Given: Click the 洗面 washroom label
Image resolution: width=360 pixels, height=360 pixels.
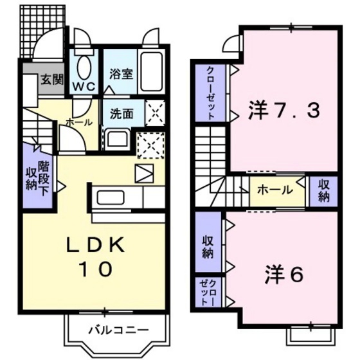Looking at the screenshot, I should [x=122, y=114].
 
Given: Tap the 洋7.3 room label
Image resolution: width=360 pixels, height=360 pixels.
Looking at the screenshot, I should [x=283, y=112].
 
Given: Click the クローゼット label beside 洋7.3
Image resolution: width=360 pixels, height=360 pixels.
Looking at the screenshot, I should [x=210, y=93].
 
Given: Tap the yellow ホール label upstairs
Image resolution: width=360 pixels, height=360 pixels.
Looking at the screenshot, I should [x=275, y=190].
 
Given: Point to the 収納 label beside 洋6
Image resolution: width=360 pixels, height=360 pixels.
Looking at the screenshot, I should [x=208, y=247].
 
